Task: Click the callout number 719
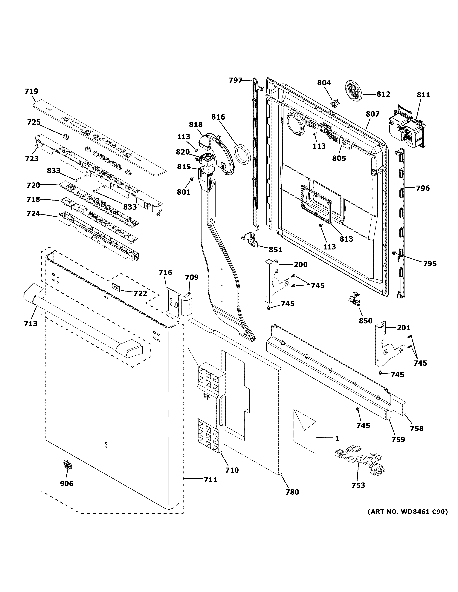point(31,91)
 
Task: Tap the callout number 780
point(292,492)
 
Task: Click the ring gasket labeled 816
point(242,155)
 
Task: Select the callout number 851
point(275,250)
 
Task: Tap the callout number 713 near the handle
point(31,323)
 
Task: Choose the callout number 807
point(372,114)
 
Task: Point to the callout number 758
point(416,428)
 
